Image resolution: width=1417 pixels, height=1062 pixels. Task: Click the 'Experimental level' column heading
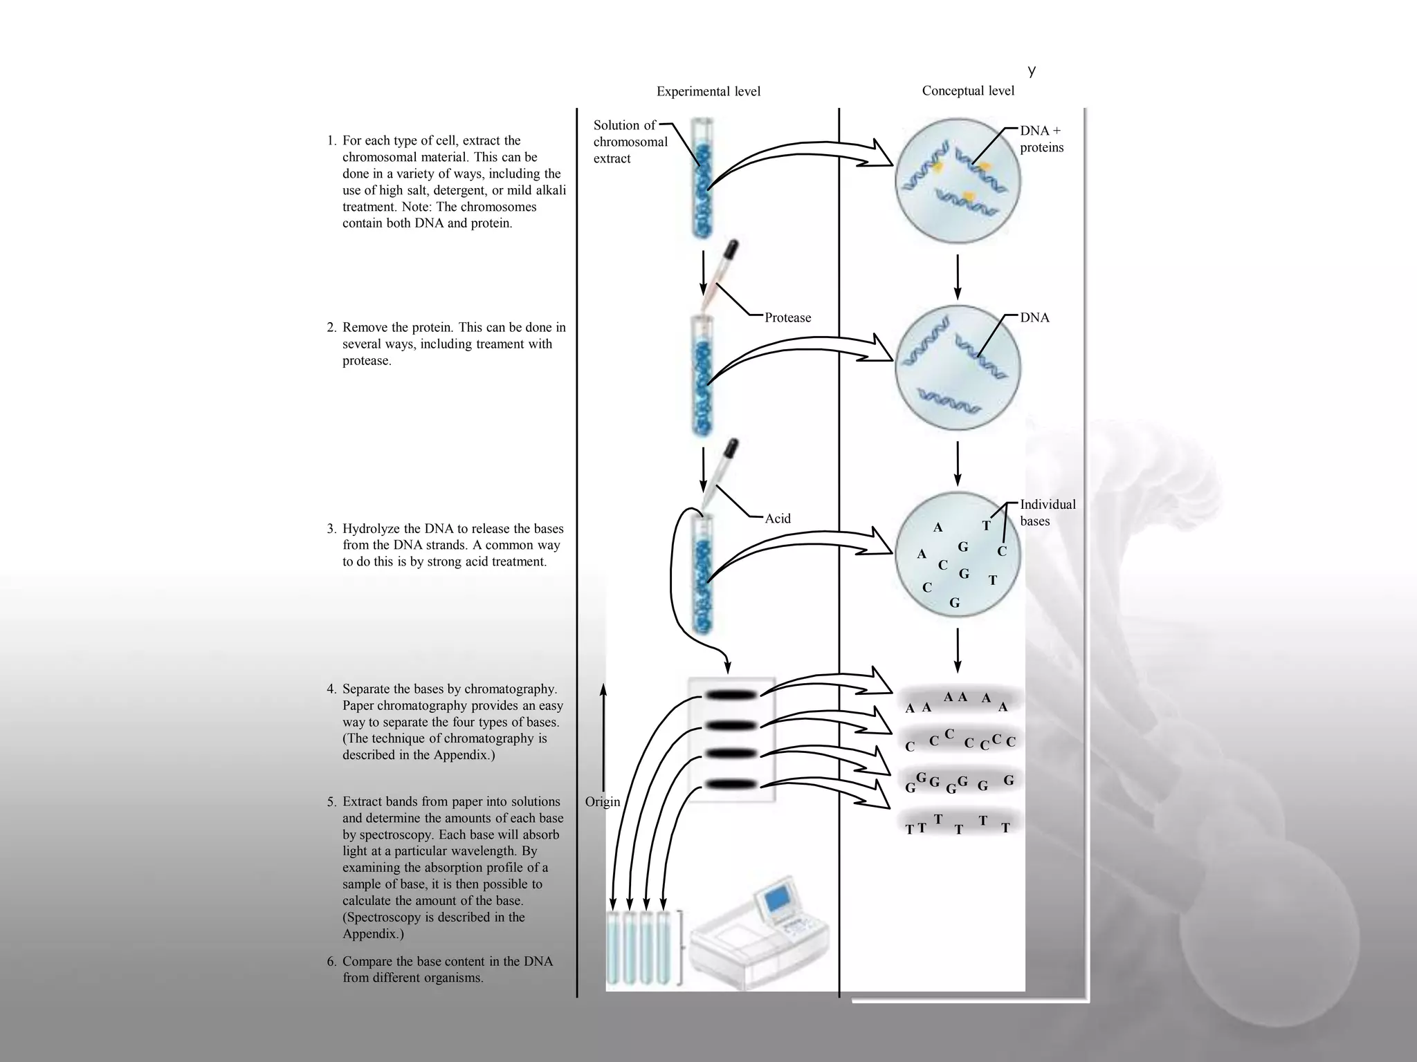[708, 91]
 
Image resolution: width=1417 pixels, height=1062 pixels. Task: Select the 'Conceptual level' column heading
[968, 91]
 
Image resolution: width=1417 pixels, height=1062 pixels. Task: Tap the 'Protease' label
[787, 317]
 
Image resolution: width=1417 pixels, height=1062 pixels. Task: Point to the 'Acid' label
[777, 519]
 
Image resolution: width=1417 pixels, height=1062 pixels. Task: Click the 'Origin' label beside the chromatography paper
[602, 802]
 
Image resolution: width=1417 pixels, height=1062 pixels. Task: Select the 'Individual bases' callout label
[1047, 513]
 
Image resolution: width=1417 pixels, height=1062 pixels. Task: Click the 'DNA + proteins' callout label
[1041, 139]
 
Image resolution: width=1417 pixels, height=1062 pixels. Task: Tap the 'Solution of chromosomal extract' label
[629, 142]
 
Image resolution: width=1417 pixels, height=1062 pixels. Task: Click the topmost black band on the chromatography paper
[731, 695]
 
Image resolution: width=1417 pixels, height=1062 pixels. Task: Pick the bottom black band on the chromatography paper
[731, 784]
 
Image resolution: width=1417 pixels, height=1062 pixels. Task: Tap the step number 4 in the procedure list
[331, 689]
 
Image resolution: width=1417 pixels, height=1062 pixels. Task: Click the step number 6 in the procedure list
[331, 962]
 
